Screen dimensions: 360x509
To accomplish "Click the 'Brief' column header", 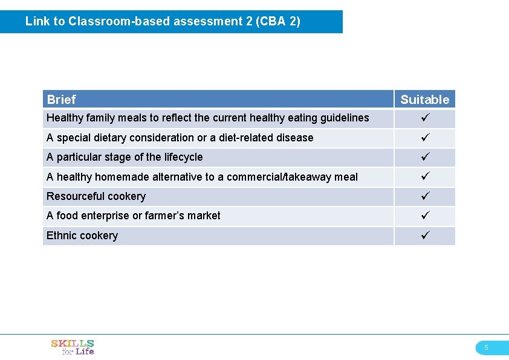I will point(61,100).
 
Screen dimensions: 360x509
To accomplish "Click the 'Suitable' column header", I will point(425,100).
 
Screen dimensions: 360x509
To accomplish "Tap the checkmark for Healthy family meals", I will point(424,118).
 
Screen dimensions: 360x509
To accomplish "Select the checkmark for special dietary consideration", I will point(424,138).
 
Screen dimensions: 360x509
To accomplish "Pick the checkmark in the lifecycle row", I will point(424,157).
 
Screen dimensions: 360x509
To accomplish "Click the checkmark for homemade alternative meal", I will point(424,177).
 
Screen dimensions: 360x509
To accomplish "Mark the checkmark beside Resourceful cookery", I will point(424,196).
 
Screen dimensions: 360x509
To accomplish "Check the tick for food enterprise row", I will point(424,216).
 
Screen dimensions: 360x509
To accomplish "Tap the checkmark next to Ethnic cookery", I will point(424,236).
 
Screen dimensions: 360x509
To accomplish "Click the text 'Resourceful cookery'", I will point(96,196).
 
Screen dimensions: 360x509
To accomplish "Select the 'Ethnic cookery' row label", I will point(82,236).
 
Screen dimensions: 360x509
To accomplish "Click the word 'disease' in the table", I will point(294,138).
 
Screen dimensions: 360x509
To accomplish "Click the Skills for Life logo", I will point(73,347).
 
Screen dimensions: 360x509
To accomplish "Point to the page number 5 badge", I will point(486,347).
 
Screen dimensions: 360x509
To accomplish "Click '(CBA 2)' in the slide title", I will point(277,22).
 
